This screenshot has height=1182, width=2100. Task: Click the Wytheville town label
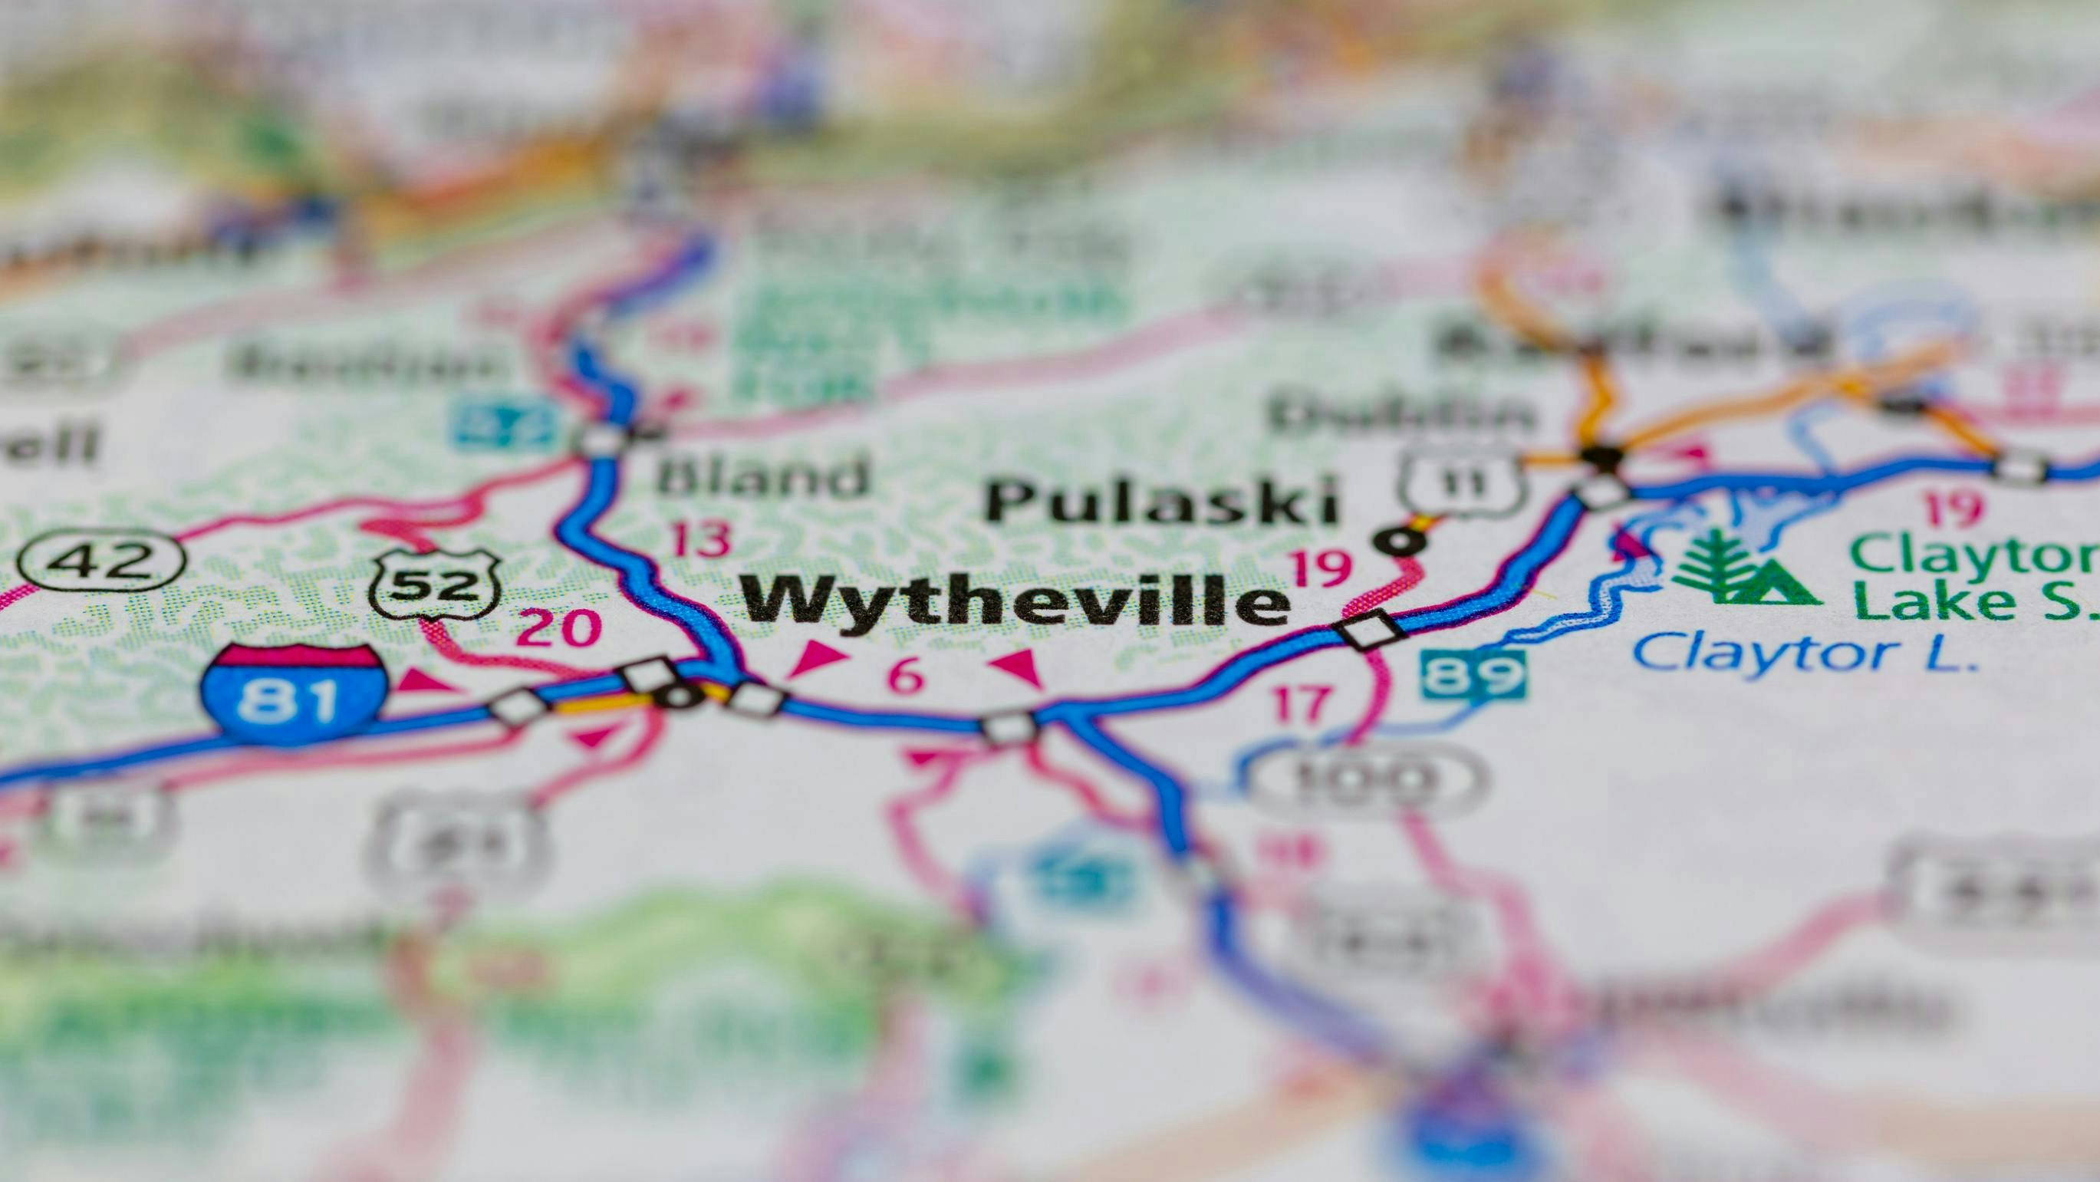pyautogui.click(x=1015, y=601)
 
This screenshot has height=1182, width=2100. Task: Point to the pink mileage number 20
pyautogui.click(x=559, y=627)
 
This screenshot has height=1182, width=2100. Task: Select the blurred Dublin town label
pyautogui.click(x=1398, y=416)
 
